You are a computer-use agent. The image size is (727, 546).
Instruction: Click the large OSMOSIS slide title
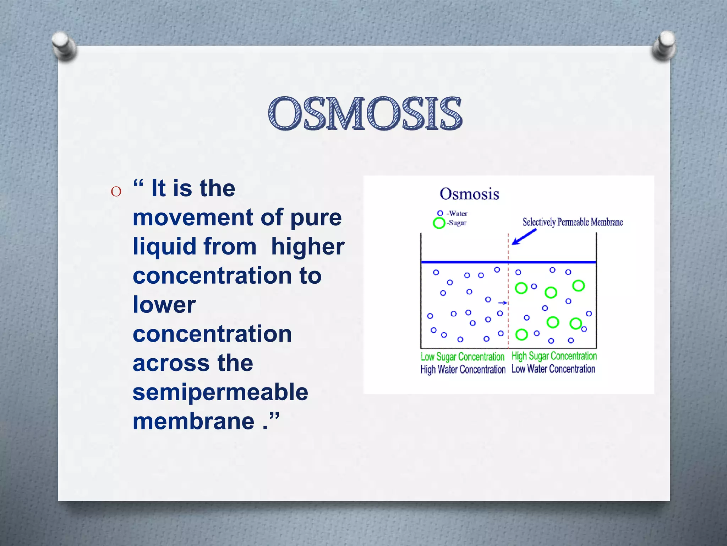(x=365, y=114)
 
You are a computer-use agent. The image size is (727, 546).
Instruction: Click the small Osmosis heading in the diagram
(x=469, y=194)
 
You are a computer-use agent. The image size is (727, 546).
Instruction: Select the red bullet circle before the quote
(x=116, y=192)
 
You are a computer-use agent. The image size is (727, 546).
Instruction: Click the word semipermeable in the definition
(x=220, y=392)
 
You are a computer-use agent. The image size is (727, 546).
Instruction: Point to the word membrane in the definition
(x=193, y=421)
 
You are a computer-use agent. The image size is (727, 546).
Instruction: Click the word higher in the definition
(x=307, y=246)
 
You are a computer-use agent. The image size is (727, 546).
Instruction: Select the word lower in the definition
(x=164, y=305)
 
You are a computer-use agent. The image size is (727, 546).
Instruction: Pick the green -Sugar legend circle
(x=439, y=223)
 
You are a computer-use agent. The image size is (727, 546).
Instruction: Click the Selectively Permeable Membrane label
(x=572, y=223)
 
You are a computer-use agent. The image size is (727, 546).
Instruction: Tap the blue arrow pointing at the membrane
(x=524, y=237)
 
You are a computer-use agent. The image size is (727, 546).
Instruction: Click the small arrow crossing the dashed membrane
(x=503, y=303)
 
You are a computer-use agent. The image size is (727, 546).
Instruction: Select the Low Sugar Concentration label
(x=462, y=357)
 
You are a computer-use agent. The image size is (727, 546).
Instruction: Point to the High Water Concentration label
(x=463, y=370)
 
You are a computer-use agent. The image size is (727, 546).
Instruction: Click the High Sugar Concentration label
(x=554, y=356)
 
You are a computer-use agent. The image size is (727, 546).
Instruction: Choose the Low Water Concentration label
(x=553, y=369)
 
